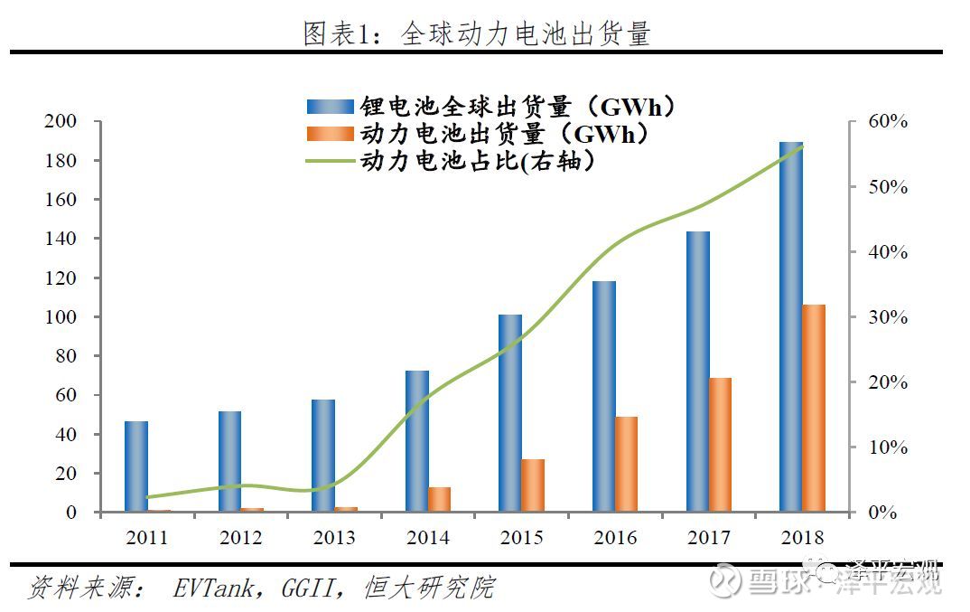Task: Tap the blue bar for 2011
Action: [x=136, y=466]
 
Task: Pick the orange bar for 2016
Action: [x=627, y=465]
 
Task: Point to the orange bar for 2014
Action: [x=440, y=500]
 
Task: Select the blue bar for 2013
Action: [x=323, y=456]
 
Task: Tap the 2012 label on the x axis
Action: [x=240, y=538]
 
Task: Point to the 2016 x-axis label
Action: [x=615, y=538]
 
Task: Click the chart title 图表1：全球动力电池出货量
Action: [x=476, y=34]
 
